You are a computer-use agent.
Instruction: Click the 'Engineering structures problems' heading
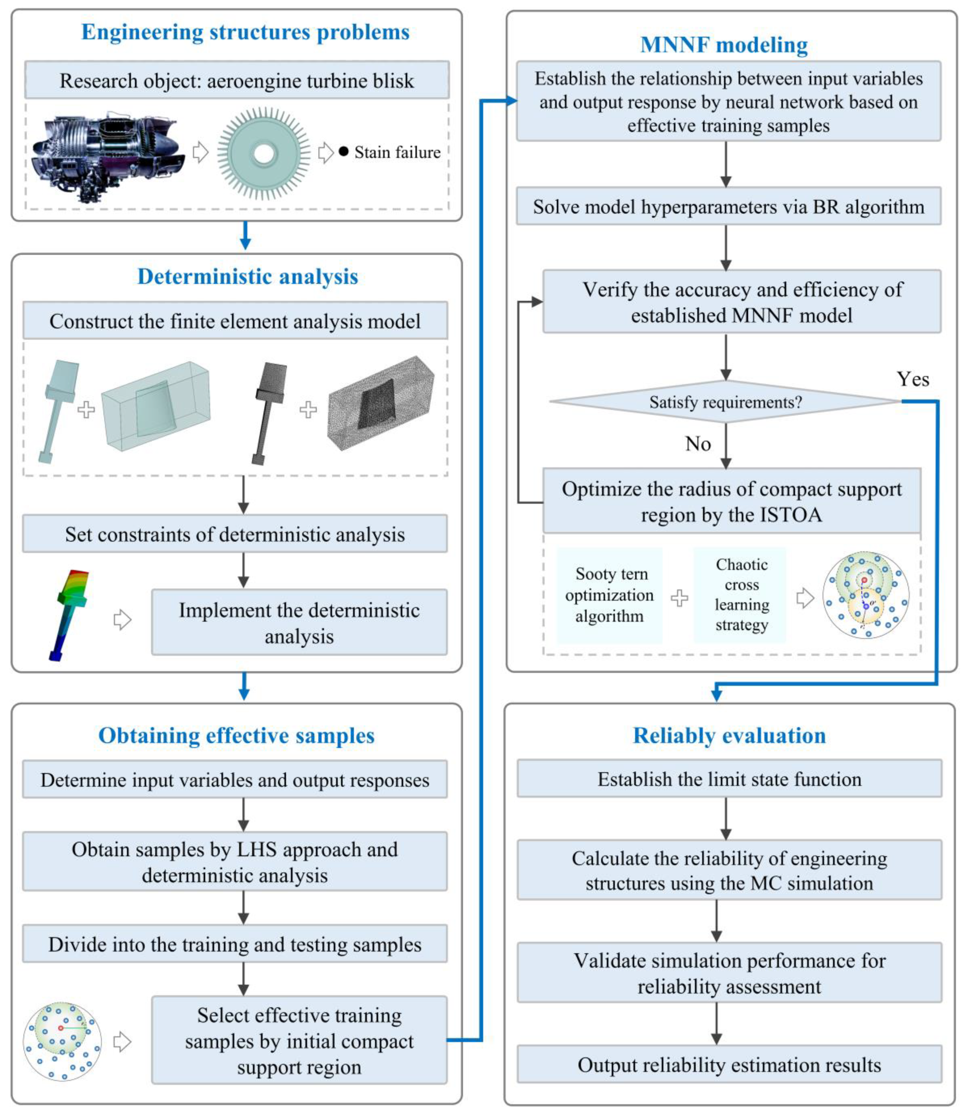coord(245,32)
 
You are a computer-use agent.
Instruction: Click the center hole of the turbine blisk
coord(264,153)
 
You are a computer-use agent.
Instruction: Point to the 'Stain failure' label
coord(397,152)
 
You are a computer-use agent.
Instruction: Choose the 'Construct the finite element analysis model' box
coord(235,321)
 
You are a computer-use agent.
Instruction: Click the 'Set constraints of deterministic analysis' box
coord(235,534)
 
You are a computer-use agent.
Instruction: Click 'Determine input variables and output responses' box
coord(235,780)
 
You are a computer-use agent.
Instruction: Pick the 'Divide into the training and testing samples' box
coord(235,944)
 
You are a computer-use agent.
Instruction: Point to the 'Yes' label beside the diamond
coord(912,379)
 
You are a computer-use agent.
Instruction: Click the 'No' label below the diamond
coord(698,444)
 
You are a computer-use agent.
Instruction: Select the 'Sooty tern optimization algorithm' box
coord(610,595)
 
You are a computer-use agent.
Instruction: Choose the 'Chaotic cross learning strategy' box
coord(742,595)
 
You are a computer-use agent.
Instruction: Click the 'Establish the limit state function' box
coord(729,779)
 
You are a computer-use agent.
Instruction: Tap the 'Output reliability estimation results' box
coord(729,1065)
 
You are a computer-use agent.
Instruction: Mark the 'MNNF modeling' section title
coord(724,45)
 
